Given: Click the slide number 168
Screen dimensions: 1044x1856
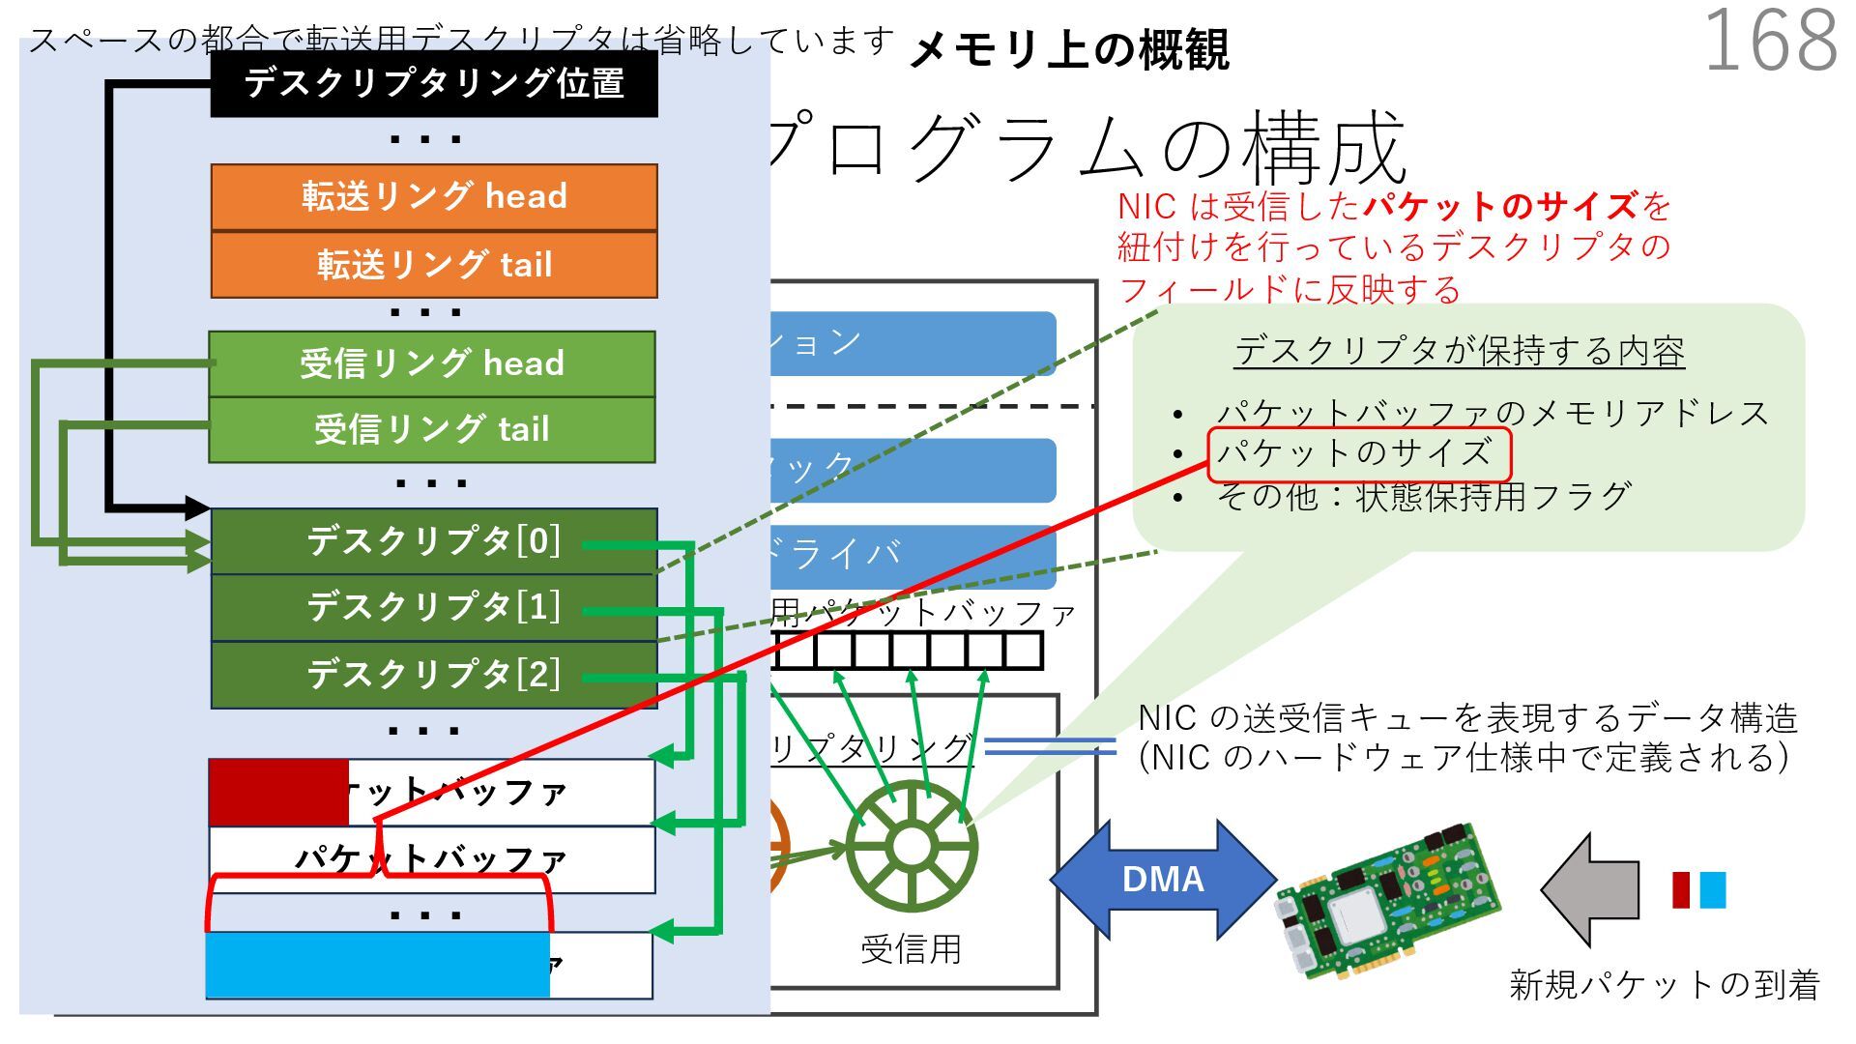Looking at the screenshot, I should tap(1770, 41).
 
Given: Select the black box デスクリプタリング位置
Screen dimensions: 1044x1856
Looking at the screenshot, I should tap(434, 84).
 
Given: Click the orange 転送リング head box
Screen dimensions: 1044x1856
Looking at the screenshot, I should tap(434, 196).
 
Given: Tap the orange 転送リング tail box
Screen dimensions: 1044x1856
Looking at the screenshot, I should tap(434, 264).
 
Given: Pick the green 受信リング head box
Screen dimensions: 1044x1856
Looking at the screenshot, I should tap(432, 363).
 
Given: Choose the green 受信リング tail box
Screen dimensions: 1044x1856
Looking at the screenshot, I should tap(432, 429).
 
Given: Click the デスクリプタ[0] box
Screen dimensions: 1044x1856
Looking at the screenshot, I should tap(434, 541).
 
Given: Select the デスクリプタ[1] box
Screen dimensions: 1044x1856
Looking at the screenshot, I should tap(434, 607).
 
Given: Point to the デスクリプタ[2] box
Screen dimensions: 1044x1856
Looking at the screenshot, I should tap(434, 674).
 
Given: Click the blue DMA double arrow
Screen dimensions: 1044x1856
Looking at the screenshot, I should tap(1163, 880).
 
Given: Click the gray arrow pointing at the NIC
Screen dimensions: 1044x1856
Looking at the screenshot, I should tap(1590, 889).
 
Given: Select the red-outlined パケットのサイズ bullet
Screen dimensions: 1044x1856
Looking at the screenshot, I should tap(1358, 453).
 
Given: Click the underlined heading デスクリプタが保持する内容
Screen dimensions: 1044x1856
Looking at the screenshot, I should tap(1459, 351).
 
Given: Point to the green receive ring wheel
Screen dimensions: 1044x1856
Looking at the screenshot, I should tap(911, 847).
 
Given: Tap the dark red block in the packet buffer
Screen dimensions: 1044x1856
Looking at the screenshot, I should tap(278, 793).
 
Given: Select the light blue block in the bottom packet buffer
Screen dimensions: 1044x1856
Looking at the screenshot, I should tap(377, 965).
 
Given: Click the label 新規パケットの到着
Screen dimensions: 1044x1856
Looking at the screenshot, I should tap(1664, 985).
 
